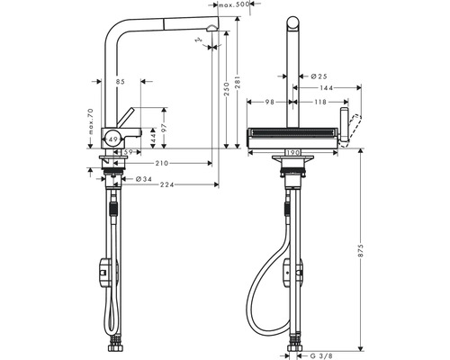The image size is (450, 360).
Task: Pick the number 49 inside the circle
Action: click(111, 139)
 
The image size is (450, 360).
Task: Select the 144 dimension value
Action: click(326, 88)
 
